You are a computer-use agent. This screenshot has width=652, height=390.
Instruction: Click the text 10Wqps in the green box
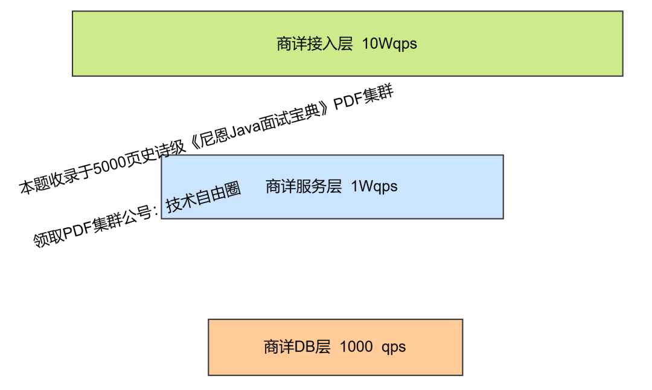(x=389, y=44)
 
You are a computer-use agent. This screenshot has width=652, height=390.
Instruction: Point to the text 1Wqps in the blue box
(x=374, y=186)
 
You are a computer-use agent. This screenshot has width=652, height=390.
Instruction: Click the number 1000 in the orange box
(x=356, y=347)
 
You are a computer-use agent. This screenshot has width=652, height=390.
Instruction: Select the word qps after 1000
(x=394, y=347)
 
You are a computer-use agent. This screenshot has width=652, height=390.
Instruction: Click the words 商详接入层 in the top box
(x=315, y=44)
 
